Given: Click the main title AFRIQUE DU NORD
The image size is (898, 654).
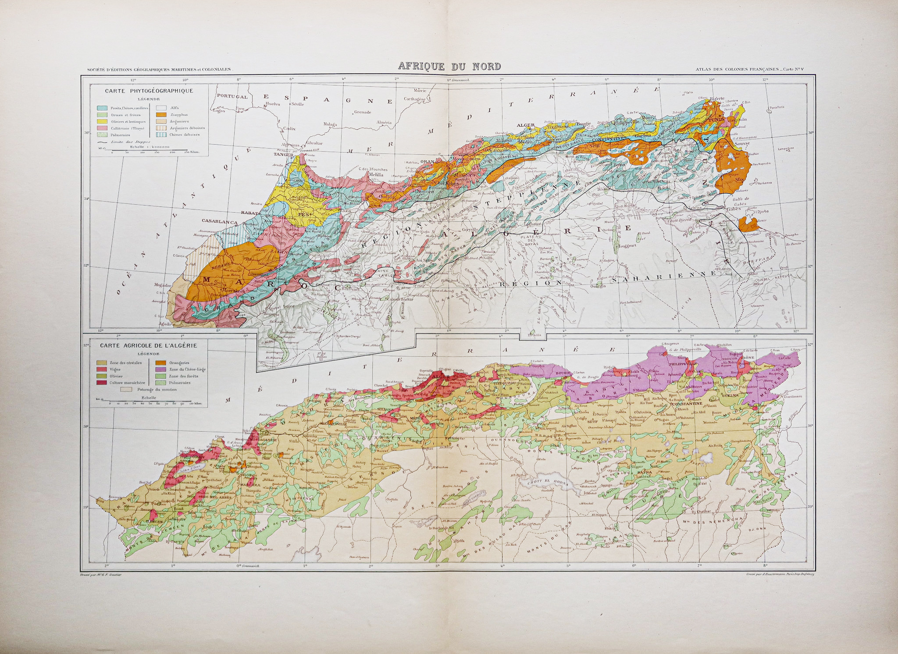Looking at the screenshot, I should pyautogui.click(x=449, y=66).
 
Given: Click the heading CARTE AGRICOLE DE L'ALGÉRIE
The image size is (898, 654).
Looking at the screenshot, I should pyautogui.click(x=148, y=345).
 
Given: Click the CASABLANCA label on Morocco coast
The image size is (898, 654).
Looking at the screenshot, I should pyautogui.click(x=219, y=221).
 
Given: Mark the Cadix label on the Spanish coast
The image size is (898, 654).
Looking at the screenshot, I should pyautogui.click(x=289, y=129).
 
